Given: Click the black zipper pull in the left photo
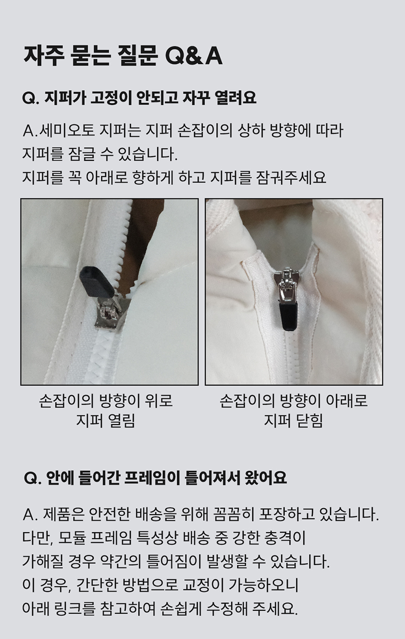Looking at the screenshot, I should tap(97, 281).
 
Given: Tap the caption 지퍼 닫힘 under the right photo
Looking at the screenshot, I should tap(293, 421).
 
